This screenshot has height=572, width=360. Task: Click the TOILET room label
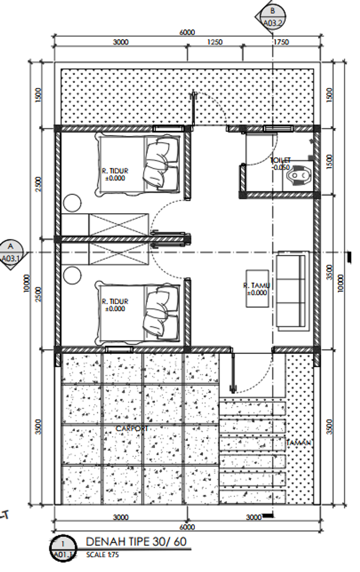tap(280, 161)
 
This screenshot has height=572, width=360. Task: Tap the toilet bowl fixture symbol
tap(298, 175)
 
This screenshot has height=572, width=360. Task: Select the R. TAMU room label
tap(256, 286)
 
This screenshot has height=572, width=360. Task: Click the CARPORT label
tap(132, 429)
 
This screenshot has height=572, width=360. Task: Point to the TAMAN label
tap(298, 442)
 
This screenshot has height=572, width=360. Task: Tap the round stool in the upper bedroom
tap(72, 203)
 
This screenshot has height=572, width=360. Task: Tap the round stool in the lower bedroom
tap(72, 275)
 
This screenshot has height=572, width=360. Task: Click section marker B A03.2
tap(271, 17)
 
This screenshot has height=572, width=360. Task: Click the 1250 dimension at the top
tap(214, 42)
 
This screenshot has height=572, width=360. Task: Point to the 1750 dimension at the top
tap(281, 42)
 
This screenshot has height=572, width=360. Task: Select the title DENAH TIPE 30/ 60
tap(136, 541)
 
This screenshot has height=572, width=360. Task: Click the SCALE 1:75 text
tap(102, 555)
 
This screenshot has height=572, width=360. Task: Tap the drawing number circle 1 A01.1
tap(63, 548)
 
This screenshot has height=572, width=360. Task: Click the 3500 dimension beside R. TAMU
tap(329, 272)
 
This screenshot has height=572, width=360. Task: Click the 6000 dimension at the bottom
tap(187, 527)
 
